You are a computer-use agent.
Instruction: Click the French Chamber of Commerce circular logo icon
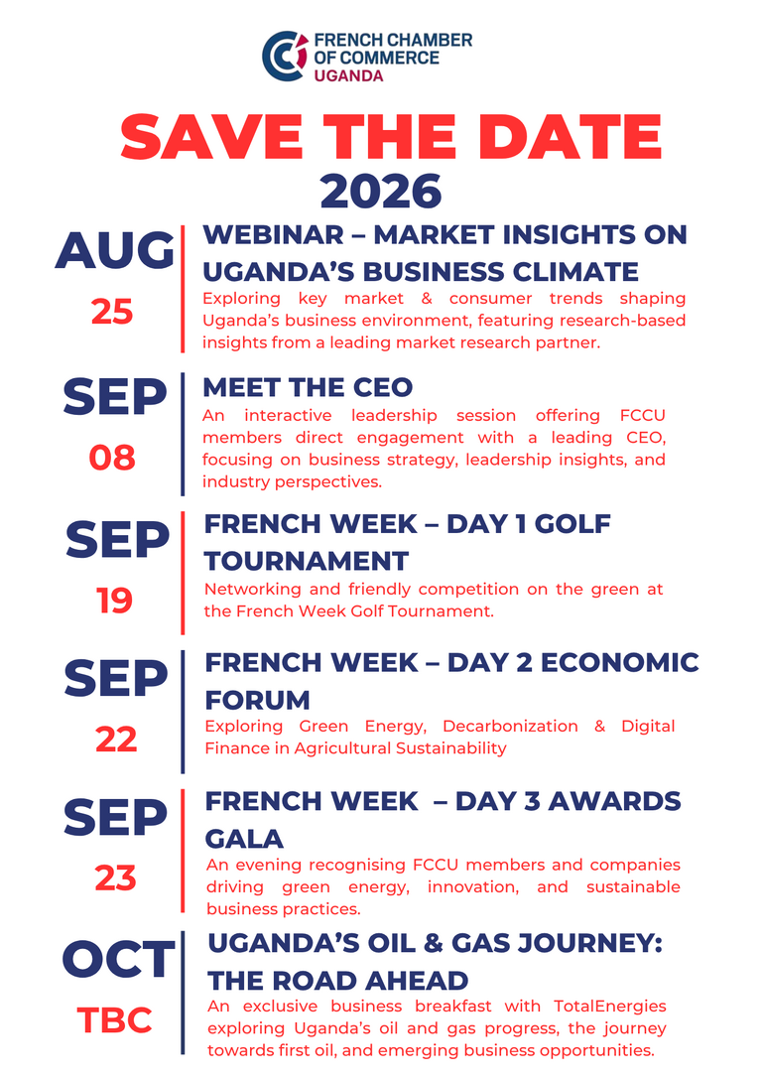point(285,57)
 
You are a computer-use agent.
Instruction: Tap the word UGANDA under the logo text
point(348,75)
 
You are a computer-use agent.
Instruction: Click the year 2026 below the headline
point(381,192)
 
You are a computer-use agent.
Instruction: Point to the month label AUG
point(115,250)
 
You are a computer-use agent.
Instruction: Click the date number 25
point(112,312)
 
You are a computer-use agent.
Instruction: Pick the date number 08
point(112,458)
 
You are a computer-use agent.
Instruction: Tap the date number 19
point(114,601)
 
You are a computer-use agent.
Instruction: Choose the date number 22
point(116,740)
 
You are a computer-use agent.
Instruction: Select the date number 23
point(115,878)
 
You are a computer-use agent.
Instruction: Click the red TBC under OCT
point(114,1019)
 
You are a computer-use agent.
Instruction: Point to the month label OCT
point(118,959)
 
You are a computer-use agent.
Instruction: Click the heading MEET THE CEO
point(308,387)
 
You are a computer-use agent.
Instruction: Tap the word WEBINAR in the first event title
point(273,234)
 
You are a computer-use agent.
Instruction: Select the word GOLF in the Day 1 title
point(572,524)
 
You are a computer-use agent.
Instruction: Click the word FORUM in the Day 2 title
point(257,700)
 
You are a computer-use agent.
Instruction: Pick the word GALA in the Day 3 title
point(244,839)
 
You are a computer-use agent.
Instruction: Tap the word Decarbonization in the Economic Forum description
point(510,726)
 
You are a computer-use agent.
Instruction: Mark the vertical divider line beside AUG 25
point(183,288)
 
